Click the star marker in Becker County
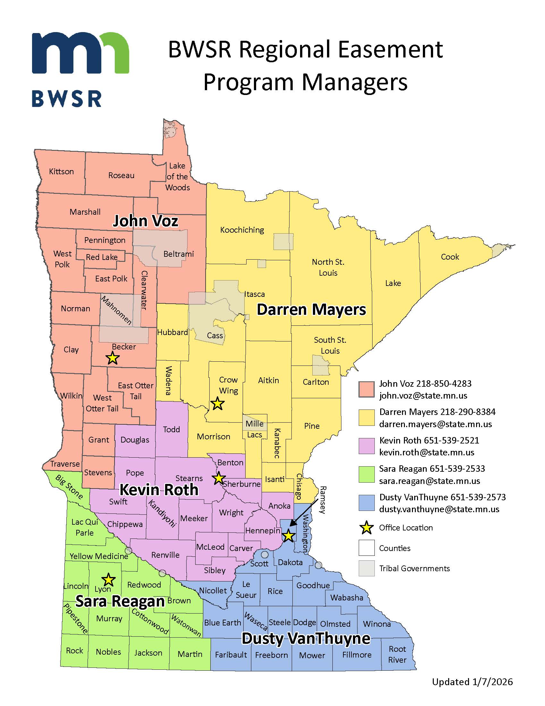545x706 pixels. click(112, 358)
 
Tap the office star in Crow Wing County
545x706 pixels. click(217, 403)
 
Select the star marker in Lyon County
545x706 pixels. click(108, 580)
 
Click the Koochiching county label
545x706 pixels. click(242, 230)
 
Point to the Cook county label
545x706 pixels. click(450, 257)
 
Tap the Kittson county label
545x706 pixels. click(61, 171)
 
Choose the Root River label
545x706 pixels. click(397, 654)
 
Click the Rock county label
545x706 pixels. click(74, 650)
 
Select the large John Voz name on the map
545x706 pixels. click(145, 221)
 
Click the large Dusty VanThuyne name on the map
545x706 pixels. click(306, 638)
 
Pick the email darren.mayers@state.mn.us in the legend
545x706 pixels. click(435, 424)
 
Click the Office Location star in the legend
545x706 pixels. click(366, 528)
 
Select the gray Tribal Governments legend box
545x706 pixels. click(366, 568)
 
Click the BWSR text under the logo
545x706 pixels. click(67, 99)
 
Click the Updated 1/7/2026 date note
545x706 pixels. click(472, 682)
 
